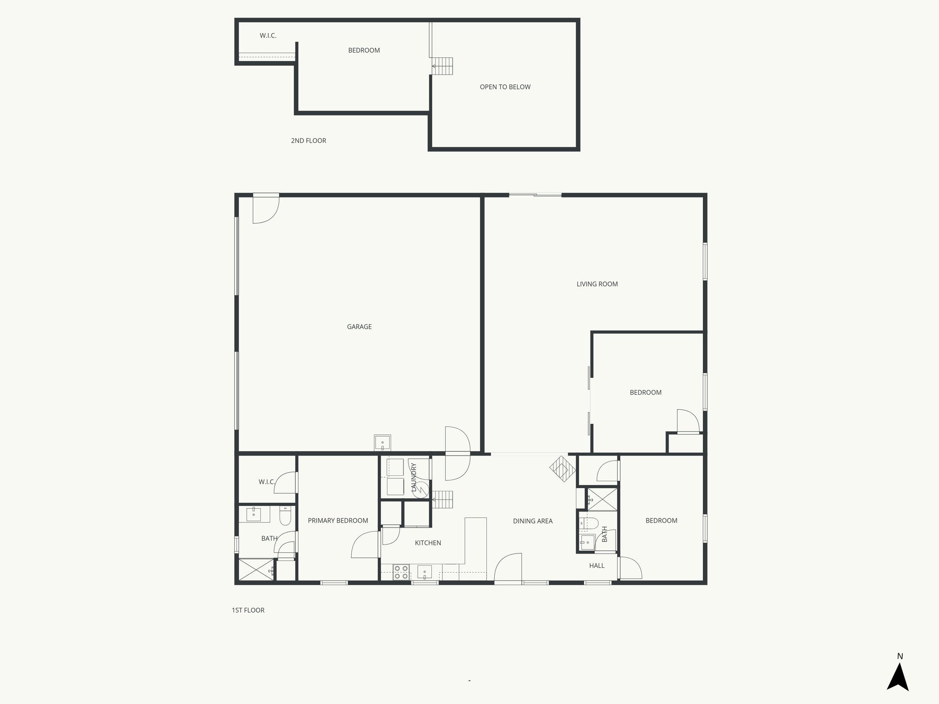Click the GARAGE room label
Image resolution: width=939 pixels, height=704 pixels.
(359, 327)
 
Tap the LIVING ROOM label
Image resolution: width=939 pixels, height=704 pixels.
(597, 284)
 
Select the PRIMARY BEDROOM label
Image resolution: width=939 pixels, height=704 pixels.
(338, 521)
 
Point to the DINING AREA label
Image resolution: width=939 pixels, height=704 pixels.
(533, 521)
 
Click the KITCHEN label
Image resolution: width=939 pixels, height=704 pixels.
(428, 543)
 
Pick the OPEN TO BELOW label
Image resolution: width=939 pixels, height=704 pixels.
(505, 87)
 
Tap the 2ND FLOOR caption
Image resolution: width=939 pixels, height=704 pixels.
(309, 141)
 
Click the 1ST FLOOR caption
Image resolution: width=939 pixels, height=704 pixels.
(248, 610)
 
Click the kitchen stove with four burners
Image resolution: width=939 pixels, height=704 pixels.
(401, 572)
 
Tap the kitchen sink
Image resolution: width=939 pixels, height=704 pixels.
(425, 572)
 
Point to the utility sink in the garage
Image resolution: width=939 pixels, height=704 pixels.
(382, 443)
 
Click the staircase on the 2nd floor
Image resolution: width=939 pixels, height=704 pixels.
(443, 66)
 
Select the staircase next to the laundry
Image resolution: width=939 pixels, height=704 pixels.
(443, 499)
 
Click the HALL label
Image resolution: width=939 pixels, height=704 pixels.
(597, 566)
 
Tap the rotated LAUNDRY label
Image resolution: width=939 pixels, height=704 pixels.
(414, 478)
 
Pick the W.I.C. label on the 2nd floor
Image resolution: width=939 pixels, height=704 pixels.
(268, 36)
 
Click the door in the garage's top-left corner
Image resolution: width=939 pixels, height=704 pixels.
(265, 209)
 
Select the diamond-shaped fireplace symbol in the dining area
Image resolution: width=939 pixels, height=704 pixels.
(563, 469)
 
